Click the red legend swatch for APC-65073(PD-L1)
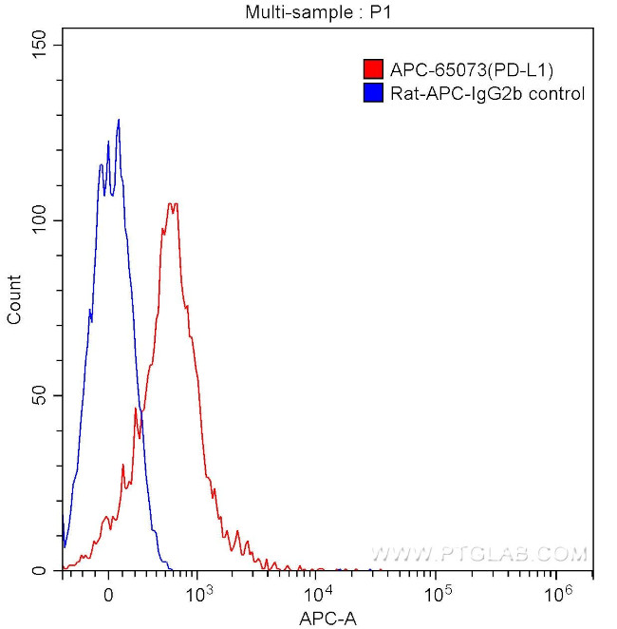click(373, 69)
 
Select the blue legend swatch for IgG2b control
click(373, 93)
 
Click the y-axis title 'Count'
click(15, 299)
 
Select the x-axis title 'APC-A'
click(327, 619)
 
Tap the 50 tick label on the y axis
click(39, 395)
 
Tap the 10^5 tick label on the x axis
click(437, 593)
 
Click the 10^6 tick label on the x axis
click(557, 593)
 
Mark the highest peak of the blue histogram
click(119, 121)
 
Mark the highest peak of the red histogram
click(172, 204)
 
